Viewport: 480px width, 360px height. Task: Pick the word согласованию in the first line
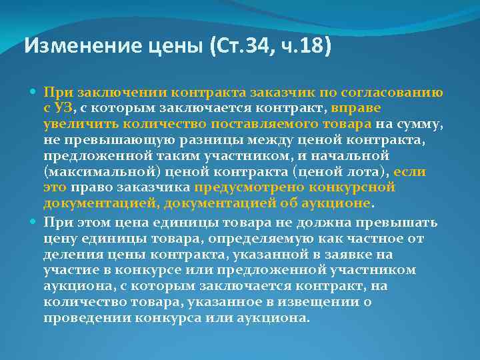click(x=398, y=93)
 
